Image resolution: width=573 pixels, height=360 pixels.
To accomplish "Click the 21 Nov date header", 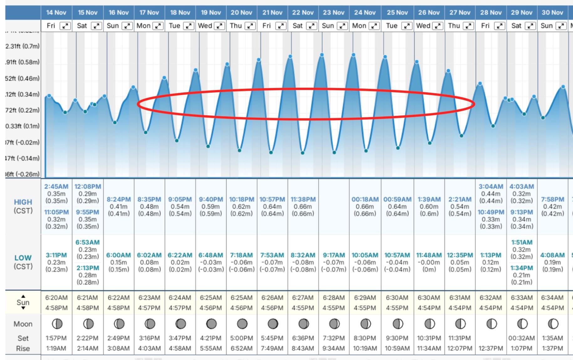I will (x=272, y=13).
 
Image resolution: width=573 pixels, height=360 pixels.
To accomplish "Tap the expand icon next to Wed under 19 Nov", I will (x=219, y=26).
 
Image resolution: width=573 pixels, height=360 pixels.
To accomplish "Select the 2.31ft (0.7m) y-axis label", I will (x=23, y=46).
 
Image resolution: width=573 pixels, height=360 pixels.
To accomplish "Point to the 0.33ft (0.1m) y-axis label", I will (x=23, y=126).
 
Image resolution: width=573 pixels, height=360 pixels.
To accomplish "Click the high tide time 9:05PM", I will (x=180, y=199).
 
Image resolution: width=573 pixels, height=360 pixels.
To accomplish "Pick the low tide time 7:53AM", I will (x=272, y=255).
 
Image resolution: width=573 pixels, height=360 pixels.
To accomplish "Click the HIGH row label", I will (x=23, y=202).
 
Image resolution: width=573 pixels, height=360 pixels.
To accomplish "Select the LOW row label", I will (x=23, y=258).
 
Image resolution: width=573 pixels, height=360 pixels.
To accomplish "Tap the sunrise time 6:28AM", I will (x=333, y=298).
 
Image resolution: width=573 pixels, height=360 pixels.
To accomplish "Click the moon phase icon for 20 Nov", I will (x=242, y=324).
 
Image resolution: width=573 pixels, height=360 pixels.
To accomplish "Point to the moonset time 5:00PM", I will (x=241, y=338).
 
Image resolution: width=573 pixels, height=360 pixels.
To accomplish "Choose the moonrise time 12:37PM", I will (x=491, y=348).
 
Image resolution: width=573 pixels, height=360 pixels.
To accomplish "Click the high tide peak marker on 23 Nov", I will (x=322, y=55).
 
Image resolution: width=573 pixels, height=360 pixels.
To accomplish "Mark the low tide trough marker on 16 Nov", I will (x=115, y=122).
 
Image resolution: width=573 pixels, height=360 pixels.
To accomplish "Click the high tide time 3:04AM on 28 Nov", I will (x=491, y=187).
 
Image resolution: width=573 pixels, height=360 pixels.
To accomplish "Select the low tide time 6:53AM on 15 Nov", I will (x=87, y=242).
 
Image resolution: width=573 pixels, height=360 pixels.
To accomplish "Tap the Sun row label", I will (x=23, y=302).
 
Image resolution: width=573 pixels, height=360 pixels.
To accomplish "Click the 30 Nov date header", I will (x=552, y=13).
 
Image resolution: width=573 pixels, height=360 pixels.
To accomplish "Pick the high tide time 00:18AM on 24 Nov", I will (x=365, y=199).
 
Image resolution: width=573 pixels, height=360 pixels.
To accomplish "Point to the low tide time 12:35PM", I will (x=460, y=255).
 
